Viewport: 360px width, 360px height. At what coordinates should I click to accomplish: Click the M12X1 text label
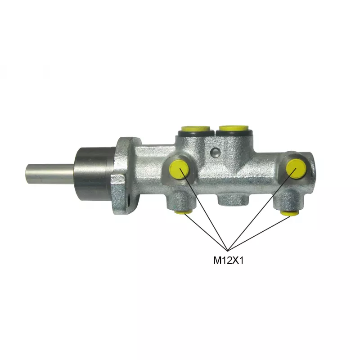pos(228,261)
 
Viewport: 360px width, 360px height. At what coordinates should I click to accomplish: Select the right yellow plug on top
pos(234,128)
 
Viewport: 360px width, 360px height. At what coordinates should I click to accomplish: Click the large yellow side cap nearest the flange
pos(179,170)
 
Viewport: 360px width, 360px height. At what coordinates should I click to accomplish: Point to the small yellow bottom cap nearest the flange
pos(183,211)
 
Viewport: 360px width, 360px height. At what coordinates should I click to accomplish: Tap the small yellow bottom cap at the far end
pos(289,213)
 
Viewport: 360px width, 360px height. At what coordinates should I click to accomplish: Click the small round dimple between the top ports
pos(216,152)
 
